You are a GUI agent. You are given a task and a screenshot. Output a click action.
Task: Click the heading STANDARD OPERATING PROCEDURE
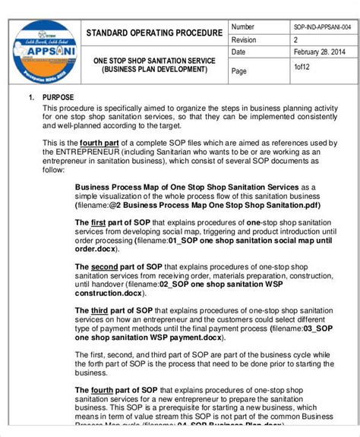click(154, 33)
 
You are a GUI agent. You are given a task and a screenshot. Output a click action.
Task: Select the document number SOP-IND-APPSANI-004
click(322, 27)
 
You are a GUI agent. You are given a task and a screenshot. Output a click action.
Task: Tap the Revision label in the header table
click(245, 39)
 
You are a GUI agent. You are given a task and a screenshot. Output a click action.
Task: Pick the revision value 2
click(296, 39)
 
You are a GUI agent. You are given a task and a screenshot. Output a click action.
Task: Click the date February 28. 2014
click(320, 52)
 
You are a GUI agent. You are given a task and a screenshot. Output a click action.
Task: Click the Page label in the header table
click(239, 71)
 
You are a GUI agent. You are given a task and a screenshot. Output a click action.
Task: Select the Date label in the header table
click(238, 52)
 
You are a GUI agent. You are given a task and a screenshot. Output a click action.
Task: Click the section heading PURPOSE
click(59, 98)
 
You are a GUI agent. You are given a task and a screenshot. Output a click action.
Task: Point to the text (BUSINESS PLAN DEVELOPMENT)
click(155, 69)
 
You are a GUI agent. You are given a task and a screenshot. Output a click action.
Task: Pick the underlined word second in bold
click(104, 267)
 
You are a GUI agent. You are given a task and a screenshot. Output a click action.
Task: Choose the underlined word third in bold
click(99, 311)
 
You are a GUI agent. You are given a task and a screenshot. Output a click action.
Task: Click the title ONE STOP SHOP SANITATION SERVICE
click(154, 60)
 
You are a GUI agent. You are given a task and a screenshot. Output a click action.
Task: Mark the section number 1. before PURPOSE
click(31, 98)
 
